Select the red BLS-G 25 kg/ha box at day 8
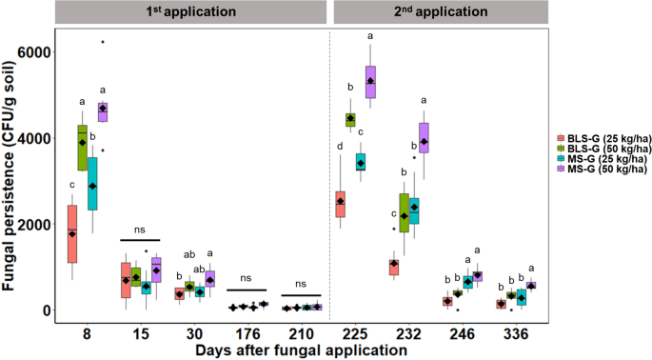point(72,233)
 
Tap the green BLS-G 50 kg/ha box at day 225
point(349,119)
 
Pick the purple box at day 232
point(425,137)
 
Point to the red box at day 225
point(341,203)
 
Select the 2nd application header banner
point(445,12)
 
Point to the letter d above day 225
point(341,146)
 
